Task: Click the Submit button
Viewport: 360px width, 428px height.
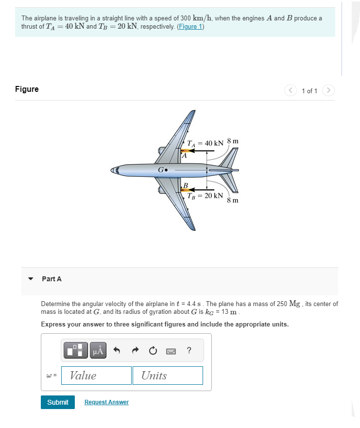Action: point(58,402)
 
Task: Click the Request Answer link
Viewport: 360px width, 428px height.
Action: point(106,402)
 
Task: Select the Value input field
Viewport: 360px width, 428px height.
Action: point(96,376)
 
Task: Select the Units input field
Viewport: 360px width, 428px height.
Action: point(168,376)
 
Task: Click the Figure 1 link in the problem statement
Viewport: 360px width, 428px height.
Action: point(190,27)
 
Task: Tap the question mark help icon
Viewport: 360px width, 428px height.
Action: point(189,350)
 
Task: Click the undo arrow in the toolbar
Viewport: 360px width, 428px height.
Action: point(117,350)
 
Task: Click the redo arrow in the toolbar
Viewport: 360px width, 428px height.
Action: point(135,350)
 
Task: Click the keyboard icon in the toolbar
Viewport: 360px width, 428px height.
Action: point(171,350)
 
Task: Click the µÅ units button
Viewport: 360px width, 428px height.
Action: point(98,350)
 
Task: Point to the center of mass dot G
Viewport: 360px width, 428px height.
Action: point(166,171)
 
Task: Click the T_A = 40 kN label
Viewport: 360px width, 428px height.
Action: point(206,143)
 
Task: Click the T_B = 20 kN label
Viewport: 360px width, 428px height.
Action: point(206,196)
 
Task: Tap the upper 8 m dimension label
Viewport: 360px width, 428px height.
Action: point(233,141)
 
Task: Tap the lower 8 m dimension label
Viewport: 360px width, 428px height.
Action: point(233,200)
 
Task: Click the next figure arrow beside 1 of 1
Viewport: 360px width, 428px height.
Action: point(329,91)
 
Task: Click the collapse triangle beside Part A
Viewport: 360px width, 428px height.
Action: point(31,279)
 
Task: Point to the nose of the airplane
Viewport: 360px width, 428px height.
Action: point(113,171)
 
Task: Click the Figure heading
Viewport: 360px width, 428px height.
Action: point(27,89)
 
